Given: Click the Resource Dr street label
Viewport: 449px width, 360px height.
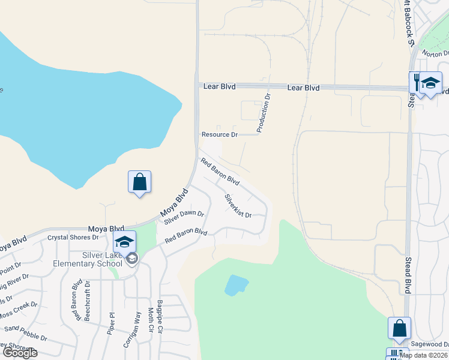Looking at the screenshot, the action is [220, 135].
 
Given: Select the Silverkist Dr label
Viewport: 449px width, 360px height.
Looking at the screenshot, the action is [238, 206].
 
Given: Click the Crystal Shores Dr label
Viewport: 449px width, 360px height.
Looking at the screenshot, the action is [73, 237].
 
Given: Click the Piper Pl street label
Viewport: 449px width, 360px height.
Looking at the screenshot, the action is [111, 322].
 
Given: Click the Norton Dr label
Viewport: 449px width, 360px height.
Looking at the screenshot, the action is [435, 53].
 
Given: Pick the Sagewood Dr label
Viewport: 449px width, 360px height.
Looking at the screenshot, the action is [430, 344].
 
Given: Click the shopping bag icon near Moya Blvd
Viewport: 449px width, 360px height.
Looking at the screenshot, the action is [139, 182].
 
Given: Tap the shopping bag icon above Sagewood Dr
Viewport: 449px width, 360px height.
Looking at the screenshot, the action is [399, 328].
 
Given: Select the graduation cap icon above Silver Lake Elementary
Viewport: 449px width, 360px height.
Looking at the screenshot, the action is [124, 242].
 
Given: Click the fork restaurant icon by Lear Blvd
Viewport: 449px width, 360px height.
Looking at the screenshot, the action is [416, 82].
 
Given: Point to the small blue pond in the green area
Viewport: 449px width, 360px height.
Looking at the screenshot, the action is [236, 284].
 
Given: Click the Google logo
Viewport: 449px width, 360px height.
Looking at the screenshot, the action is [19, 353].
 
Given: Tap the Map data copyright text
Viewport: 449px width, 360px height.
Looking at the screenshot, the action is [423, 355].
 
